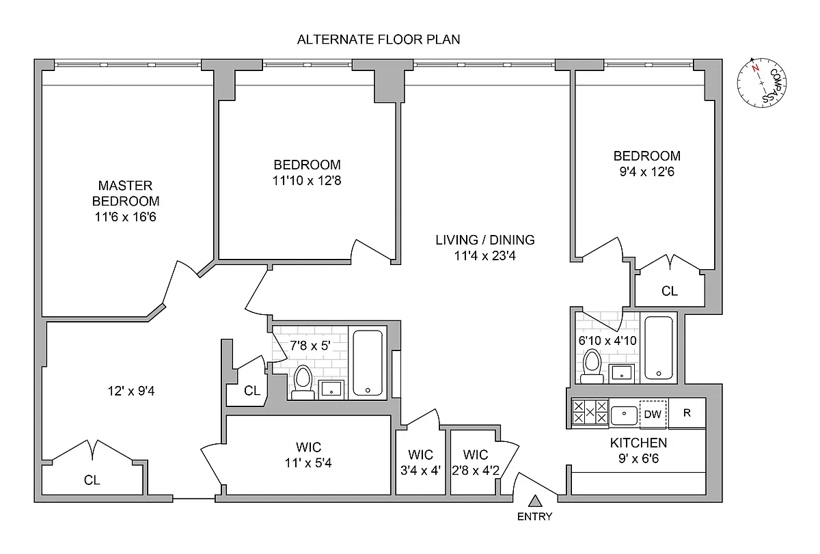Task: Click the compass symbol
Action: click(761, 83)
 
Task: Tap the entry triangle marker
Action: click(535, 501)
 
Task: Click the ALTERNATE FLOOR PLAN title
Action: click(379, 40)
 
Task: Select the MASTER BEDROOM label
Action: click(126, 193)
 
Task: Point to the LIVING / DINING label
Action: click(485, 240)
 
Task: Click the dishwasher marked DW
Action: click(653, 414)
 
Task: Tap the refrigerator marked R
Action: click(687, 413)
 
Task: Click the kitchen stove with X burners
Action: click(590, 413)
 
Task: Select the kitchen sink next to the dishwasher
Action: click(624, 415)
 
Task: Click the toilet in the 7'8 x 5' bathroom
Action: click(303, 383)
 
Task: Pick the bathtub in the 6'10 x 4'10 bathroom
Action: click(659, 348)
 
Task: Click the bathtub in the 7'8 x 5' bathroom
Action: click(368, 362)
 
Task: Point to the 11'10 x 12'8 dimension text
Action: click(307, 181)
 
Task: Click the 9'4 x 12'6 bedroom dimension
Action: click(647, 172)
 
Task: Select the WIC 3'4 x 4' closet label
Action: click(421, 462)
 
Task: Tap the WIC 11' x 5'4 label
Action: click(308, 455)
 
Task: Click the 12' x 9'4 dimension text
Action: click(131, 391)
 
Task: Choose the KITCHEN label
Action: click(638, 443)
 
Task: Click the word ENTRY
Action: click(534, 516)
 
